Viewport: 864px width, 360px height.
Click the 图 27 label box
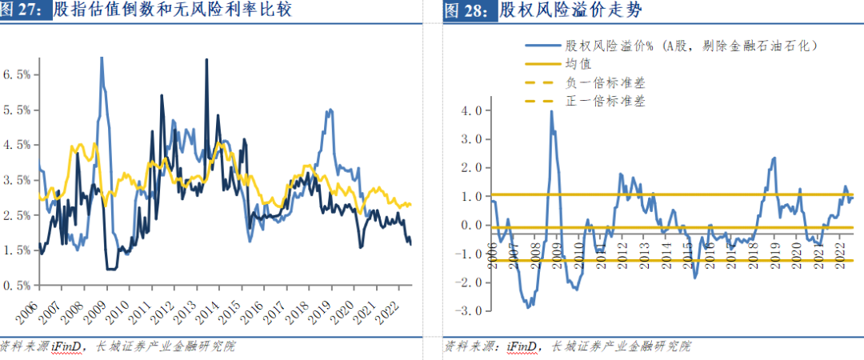coord(26,11)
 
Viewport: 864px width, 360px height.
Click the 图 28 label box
coord(469,11)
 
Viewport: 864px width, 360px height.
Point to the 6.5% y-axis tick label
coord(17,74)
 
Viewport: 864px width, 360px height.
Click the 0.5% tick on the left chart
coord(17,286)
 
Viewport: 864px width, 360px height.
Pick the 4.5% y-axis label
coord(17,145)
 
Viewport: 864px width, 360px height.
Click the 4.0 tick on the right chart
coord(472,110)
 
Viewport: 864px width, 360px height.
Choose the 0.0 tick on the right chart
coord(472,225)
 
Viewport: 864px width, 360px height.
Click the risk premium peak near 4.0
coord(551,111)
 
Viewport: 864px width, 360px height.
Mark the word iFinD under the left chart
coord(66,346)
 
